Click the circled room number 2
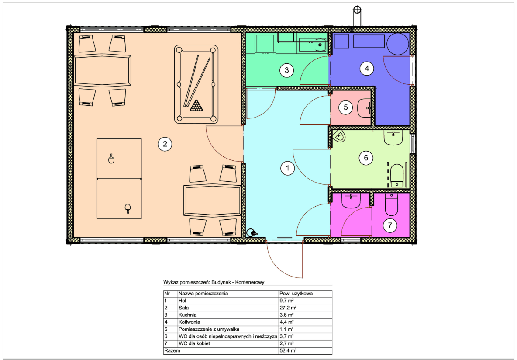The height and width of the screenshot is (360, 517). coord(165,144)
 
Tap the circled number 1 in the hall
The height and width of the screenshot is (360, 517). coord(287,168)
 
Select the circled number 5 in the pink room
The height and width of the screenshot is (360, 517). coord(345,107)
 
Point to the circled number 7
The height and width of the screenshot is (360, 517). coord(390,225)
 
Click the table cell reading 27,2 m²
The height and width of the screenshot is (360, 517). coord(287,308)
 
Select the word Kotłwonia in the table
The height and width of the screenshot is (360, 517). coord(189,322)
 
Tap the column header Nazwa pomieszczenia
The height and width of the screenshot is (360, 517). coord(203,293)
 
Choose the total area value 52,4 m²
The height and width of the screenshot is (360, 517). coord(287,351)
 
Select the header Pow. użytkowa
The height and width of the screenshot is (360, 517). coord(296,293)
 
